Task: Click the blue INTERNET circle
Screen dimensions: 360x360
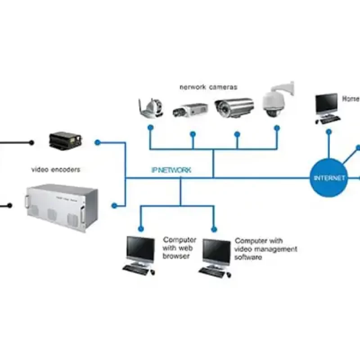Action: (329, 178)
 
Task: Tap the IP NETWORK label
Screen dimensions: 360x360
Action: (171, 170)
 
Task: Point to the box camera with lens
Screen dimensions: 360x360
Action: (190, 109)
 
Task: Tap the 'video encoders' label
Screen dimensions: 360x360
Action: (56, 170)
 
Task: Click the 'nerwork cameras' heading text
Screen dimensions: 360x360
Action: (208, 87)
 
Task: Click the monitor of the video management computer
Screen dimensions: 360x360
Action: (216, 251)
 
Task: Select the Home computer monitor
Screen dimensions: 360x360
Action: (326, 104)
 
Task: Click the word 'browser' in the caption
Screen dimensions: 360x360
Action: (176, 256)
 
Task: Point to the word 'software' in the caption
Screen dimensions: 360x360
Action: (248, 257)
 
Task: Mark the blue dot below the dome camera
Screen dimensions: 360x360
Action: (277, 128)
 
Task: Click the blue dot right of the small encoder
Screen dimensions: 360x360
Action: (97, 142)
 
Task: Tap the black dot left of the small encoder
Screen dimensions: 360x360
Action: (31, 143)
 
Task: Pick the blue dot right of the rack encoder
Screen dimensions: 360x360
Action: (114, 206)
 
